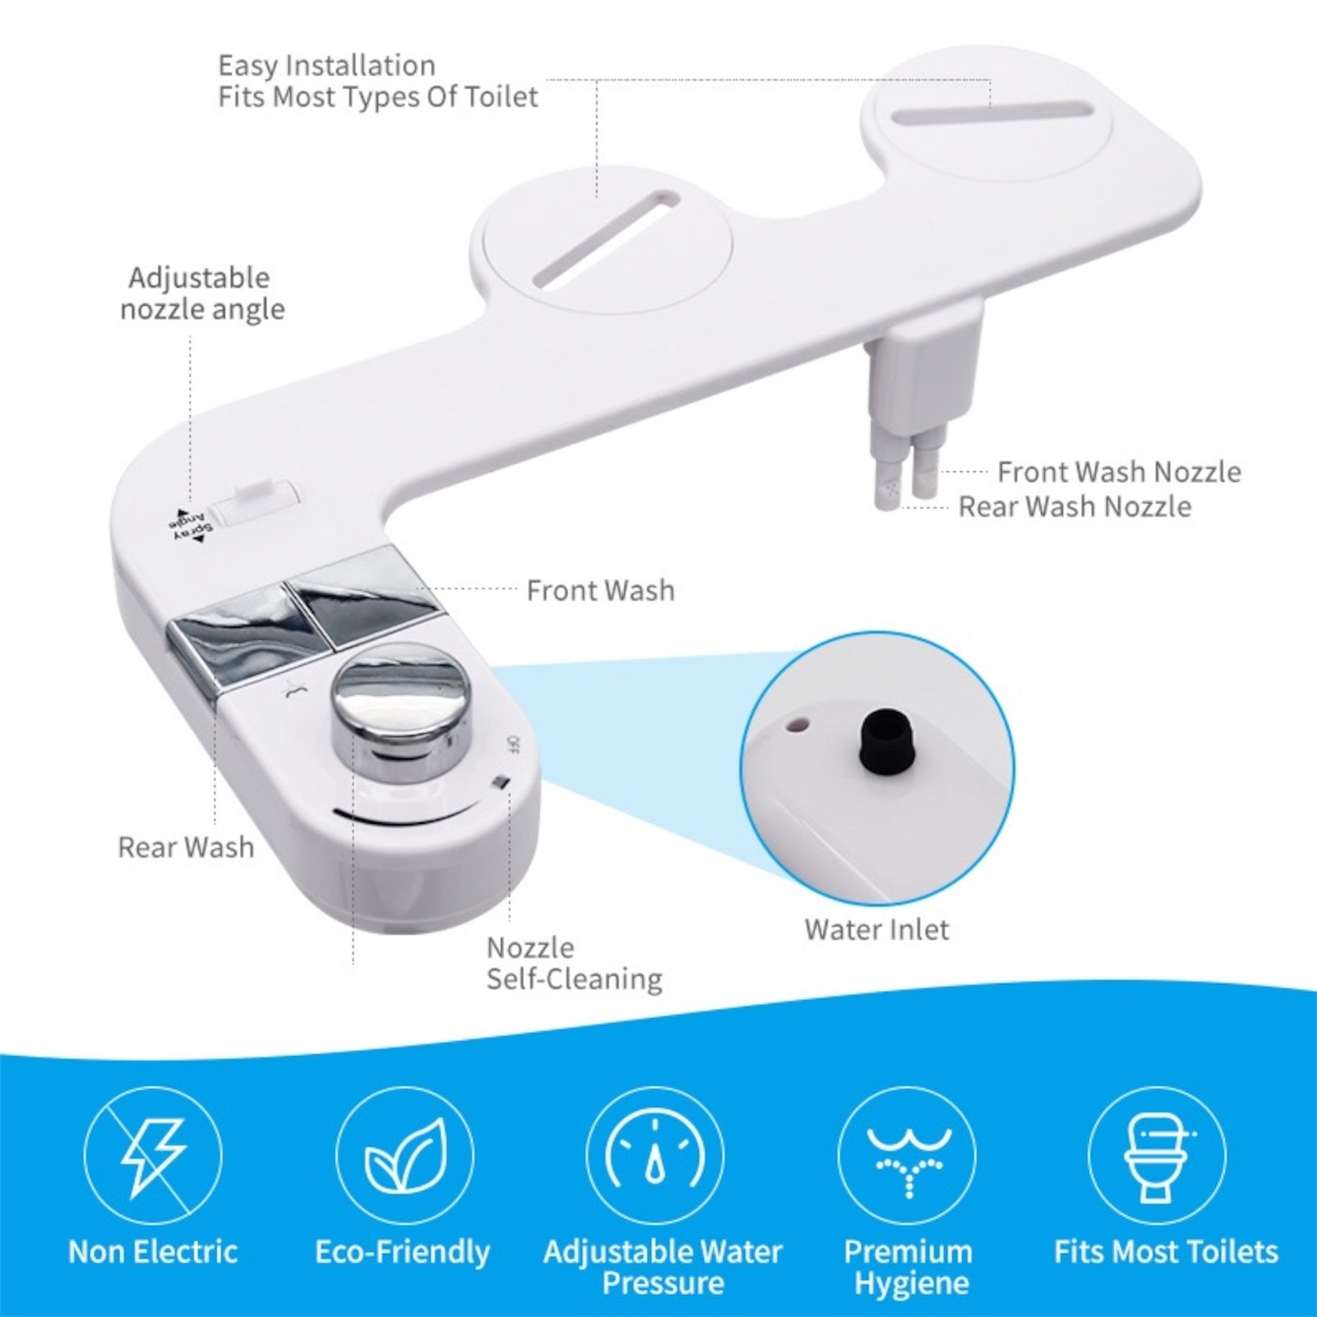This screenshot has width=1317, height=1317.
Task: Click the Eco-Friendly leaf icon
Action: pyautogui.click(x=404, y=1156)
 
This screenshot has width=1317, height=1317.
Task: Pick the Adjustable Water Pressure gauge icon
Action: pyautogui.click(x=655, y=1156)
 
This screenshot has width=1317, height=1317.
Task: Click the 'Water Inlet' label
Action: pyautogui.click(x=876, y=930)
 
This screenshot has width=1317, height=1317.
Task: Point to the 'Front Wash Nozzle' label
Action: pyautogui.click(x=1119, y=472)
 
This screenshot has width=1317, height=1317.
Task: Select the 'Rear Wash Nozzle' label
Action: pyautogui.click(x=1075, y=507)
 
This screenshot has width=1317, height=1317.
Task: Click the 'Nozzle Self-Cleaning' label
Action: pyautogui.click(x=574, y=963)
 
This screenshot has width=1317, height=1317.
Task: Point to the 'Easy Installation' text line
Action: pyautogui.click(x=327, y=66)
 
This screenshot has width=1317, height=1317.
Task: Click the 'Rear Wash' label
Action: pyautogui.click(x=186, y=848)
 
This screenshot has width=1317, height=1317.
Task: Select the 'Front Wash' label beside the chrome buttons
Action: pyautogui.click(x=601, y=590)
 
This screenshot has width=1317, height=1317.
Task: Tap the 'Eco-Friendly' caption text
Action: pyautogui.click(x=402, y=1251)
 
